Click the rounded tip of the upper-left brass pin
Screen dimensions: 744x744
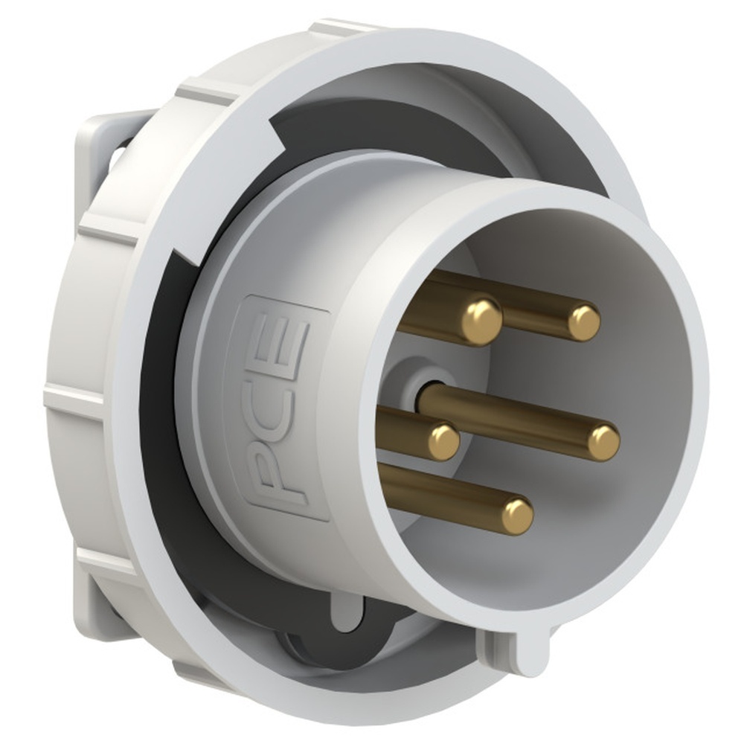pos(481,321)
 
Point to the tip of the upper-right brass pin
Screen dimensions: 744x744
pos(584,323)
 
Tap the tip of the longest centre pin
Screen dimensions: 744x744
pos(603,443)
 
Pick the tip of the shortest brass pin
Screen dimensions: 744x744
pos(444,441)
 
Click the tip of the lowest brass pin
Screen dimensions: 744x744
pos(517,516)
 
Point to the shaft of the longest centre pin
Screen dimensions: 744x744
pos(513,418)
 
